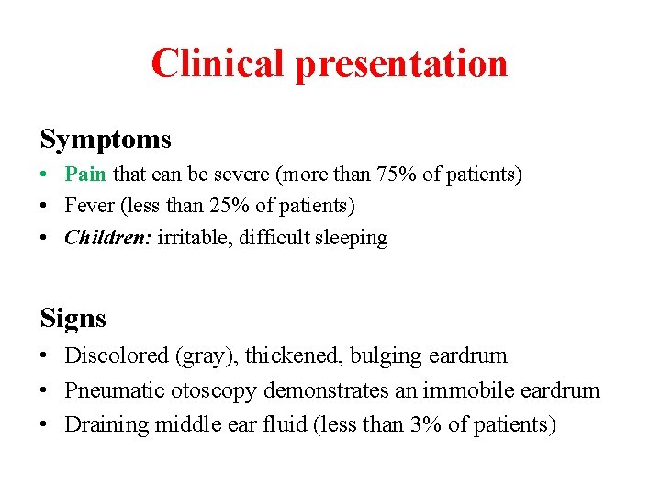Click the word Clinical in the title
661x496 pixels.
point(217,63)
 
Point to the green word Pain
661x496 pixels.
point(85,174)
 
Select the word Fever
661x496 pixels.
point(90,206)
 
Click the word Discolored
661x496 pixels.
point(115,355)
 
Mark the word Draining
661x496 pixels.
point(106,424)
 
